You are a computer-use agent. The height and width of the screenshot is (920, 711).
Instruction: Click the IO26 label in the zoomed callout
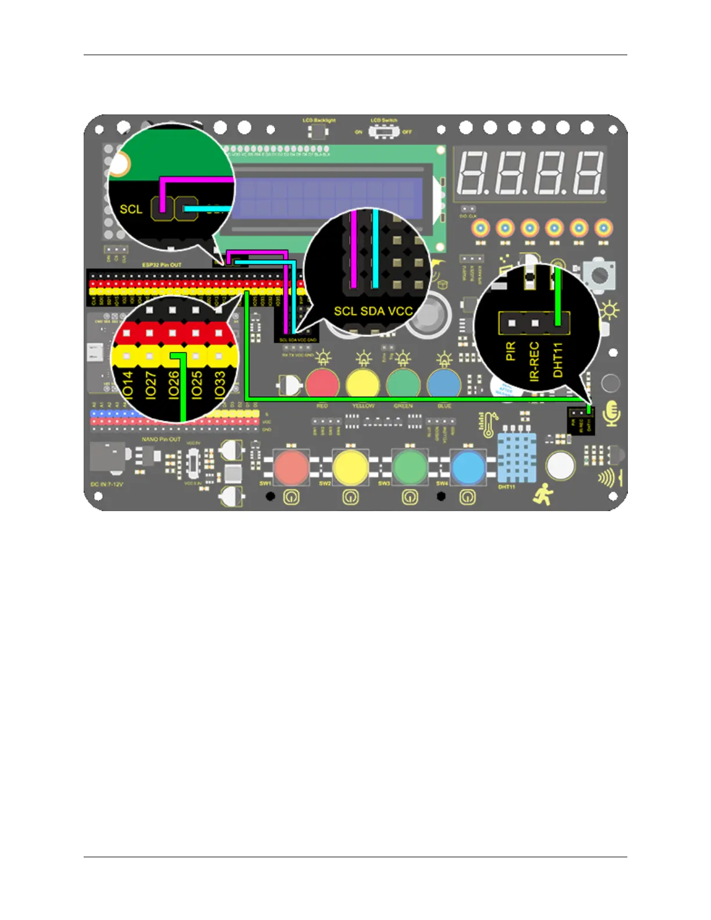174,384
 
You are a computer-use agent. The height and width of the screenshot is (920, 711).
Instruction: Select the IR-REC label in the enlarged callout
534,361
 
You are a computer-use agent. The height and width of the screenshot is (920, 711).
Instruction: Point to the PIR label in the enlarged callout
511,351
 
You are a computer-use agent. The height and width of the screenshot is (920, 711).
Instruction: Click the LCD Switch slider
383,132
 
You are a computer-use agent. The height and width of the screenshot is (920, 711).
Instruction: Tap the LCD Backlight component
318,132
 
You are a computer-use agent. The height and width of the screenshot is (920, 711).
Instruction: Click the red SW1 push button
292,466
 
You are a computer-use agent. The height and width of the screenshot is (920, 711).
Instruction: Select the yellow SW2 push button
351,466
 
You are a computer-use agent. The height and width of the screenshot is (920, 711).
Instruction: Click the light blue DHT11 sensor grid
516,458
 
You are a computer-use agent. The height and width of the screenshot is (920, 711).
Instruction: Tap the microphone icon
612,414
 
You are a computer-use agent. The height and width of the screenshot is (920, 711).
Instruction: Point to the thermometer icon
489,425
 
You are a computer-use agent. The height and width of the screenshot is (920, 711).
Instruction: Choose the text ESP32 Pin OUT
162,265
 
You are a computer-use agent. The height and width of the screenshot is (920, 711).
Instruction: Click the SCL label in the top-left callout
131,209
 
